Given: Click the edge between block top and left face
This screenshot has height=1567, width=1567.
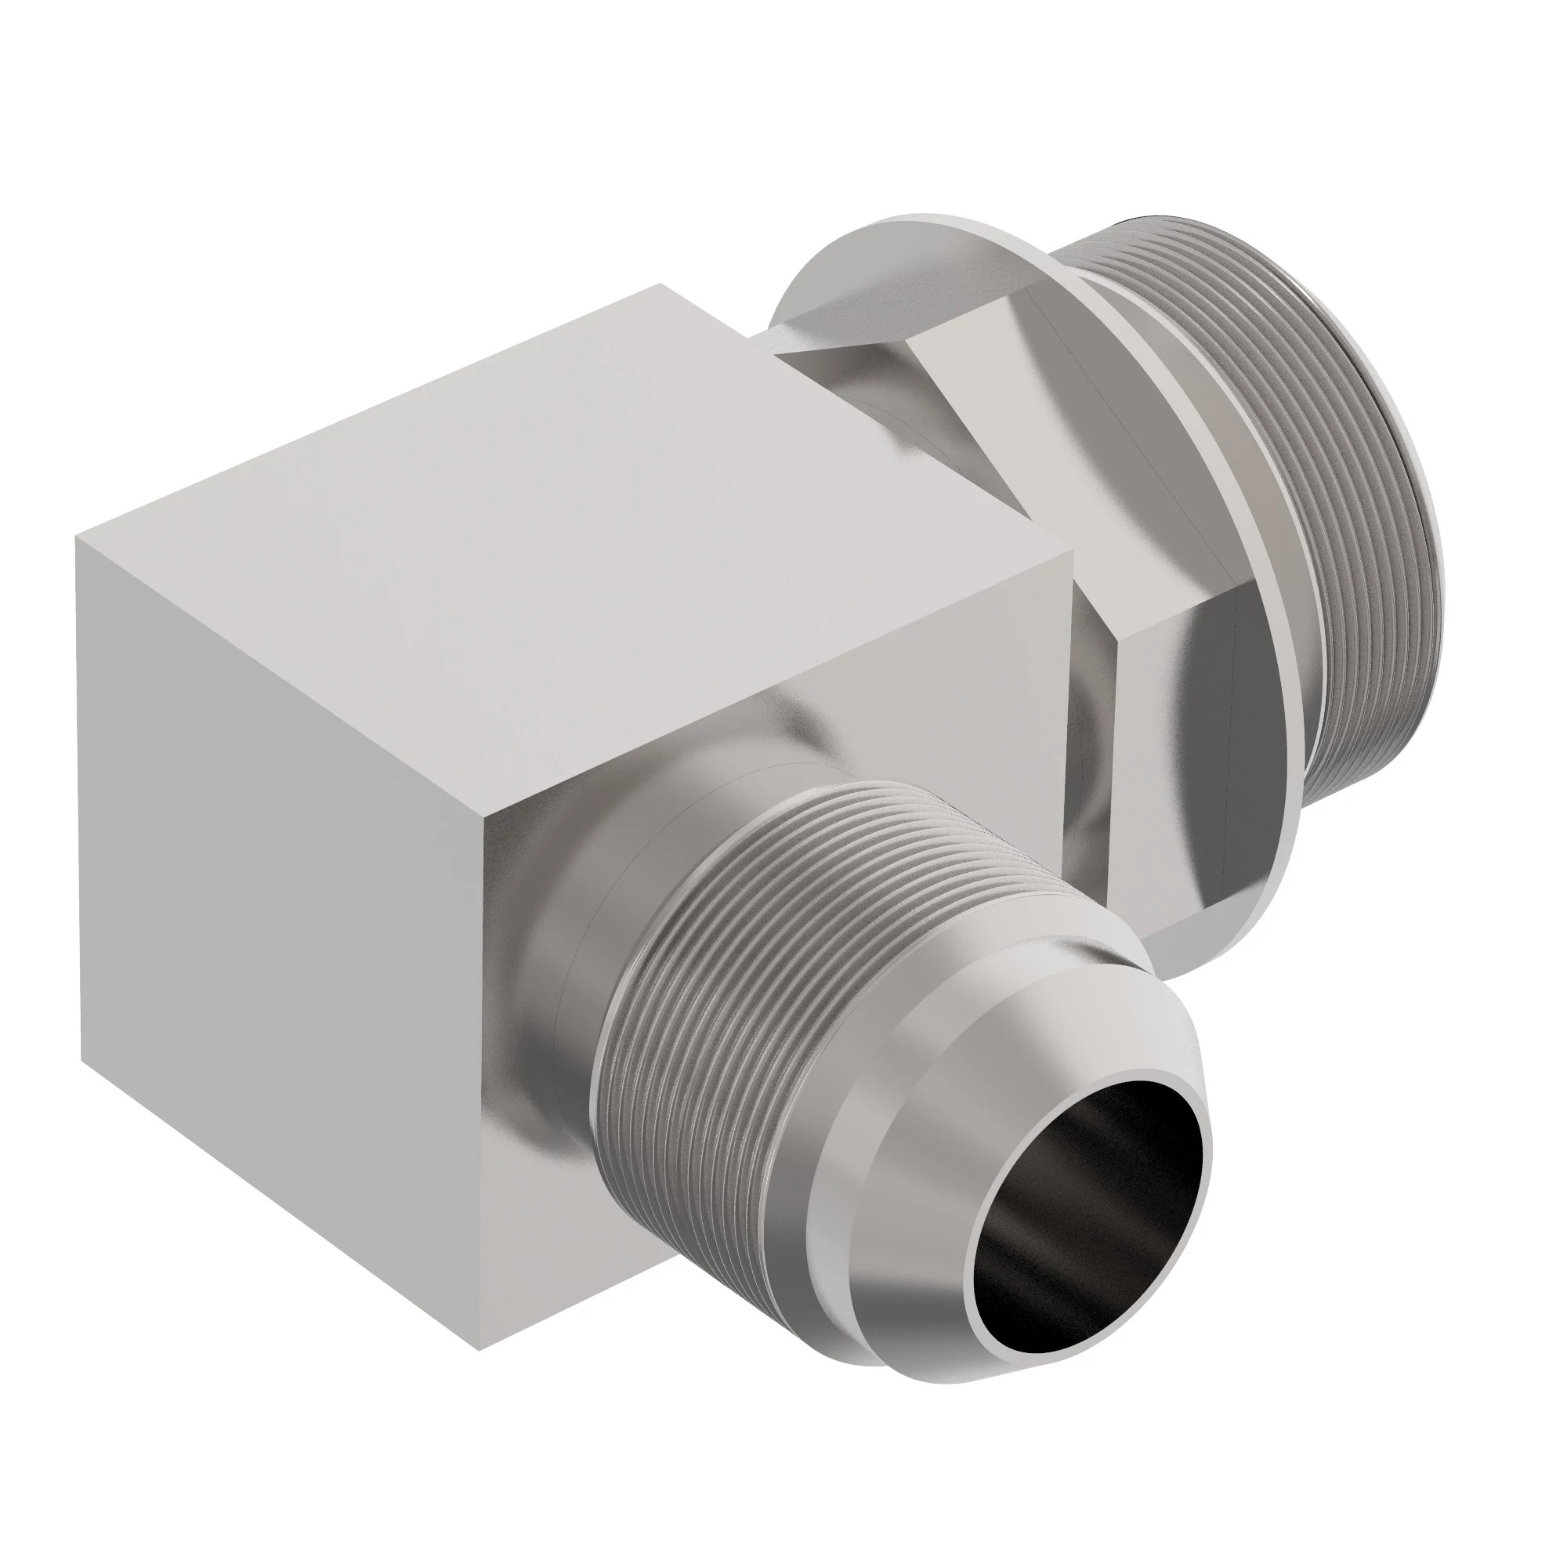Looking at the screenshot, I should coord(276,677).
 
